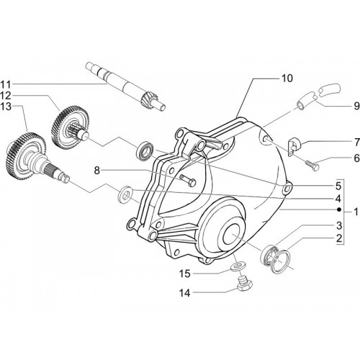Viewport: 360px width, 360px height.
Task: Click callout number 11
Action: tap(6, 84)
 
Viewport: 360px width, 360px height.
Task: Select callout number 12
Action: tap(6, 96)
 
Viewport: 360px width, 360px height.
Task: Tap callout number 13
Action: tap(6, 107)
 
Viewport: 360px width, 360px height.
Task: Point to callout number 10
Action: tap(287, 78)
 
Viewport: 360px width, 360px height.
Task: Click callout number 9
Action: tap(356, 106)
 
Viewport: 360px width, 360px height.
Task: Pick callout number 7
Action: tap(357, 143)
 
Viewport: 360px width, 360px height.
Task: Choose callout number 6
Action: tap(357, 158)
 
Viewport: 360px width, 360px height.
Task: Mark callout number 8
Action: tap(96, 171)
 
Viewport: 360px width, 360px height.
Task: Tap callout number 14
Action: tap(185, 293)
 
